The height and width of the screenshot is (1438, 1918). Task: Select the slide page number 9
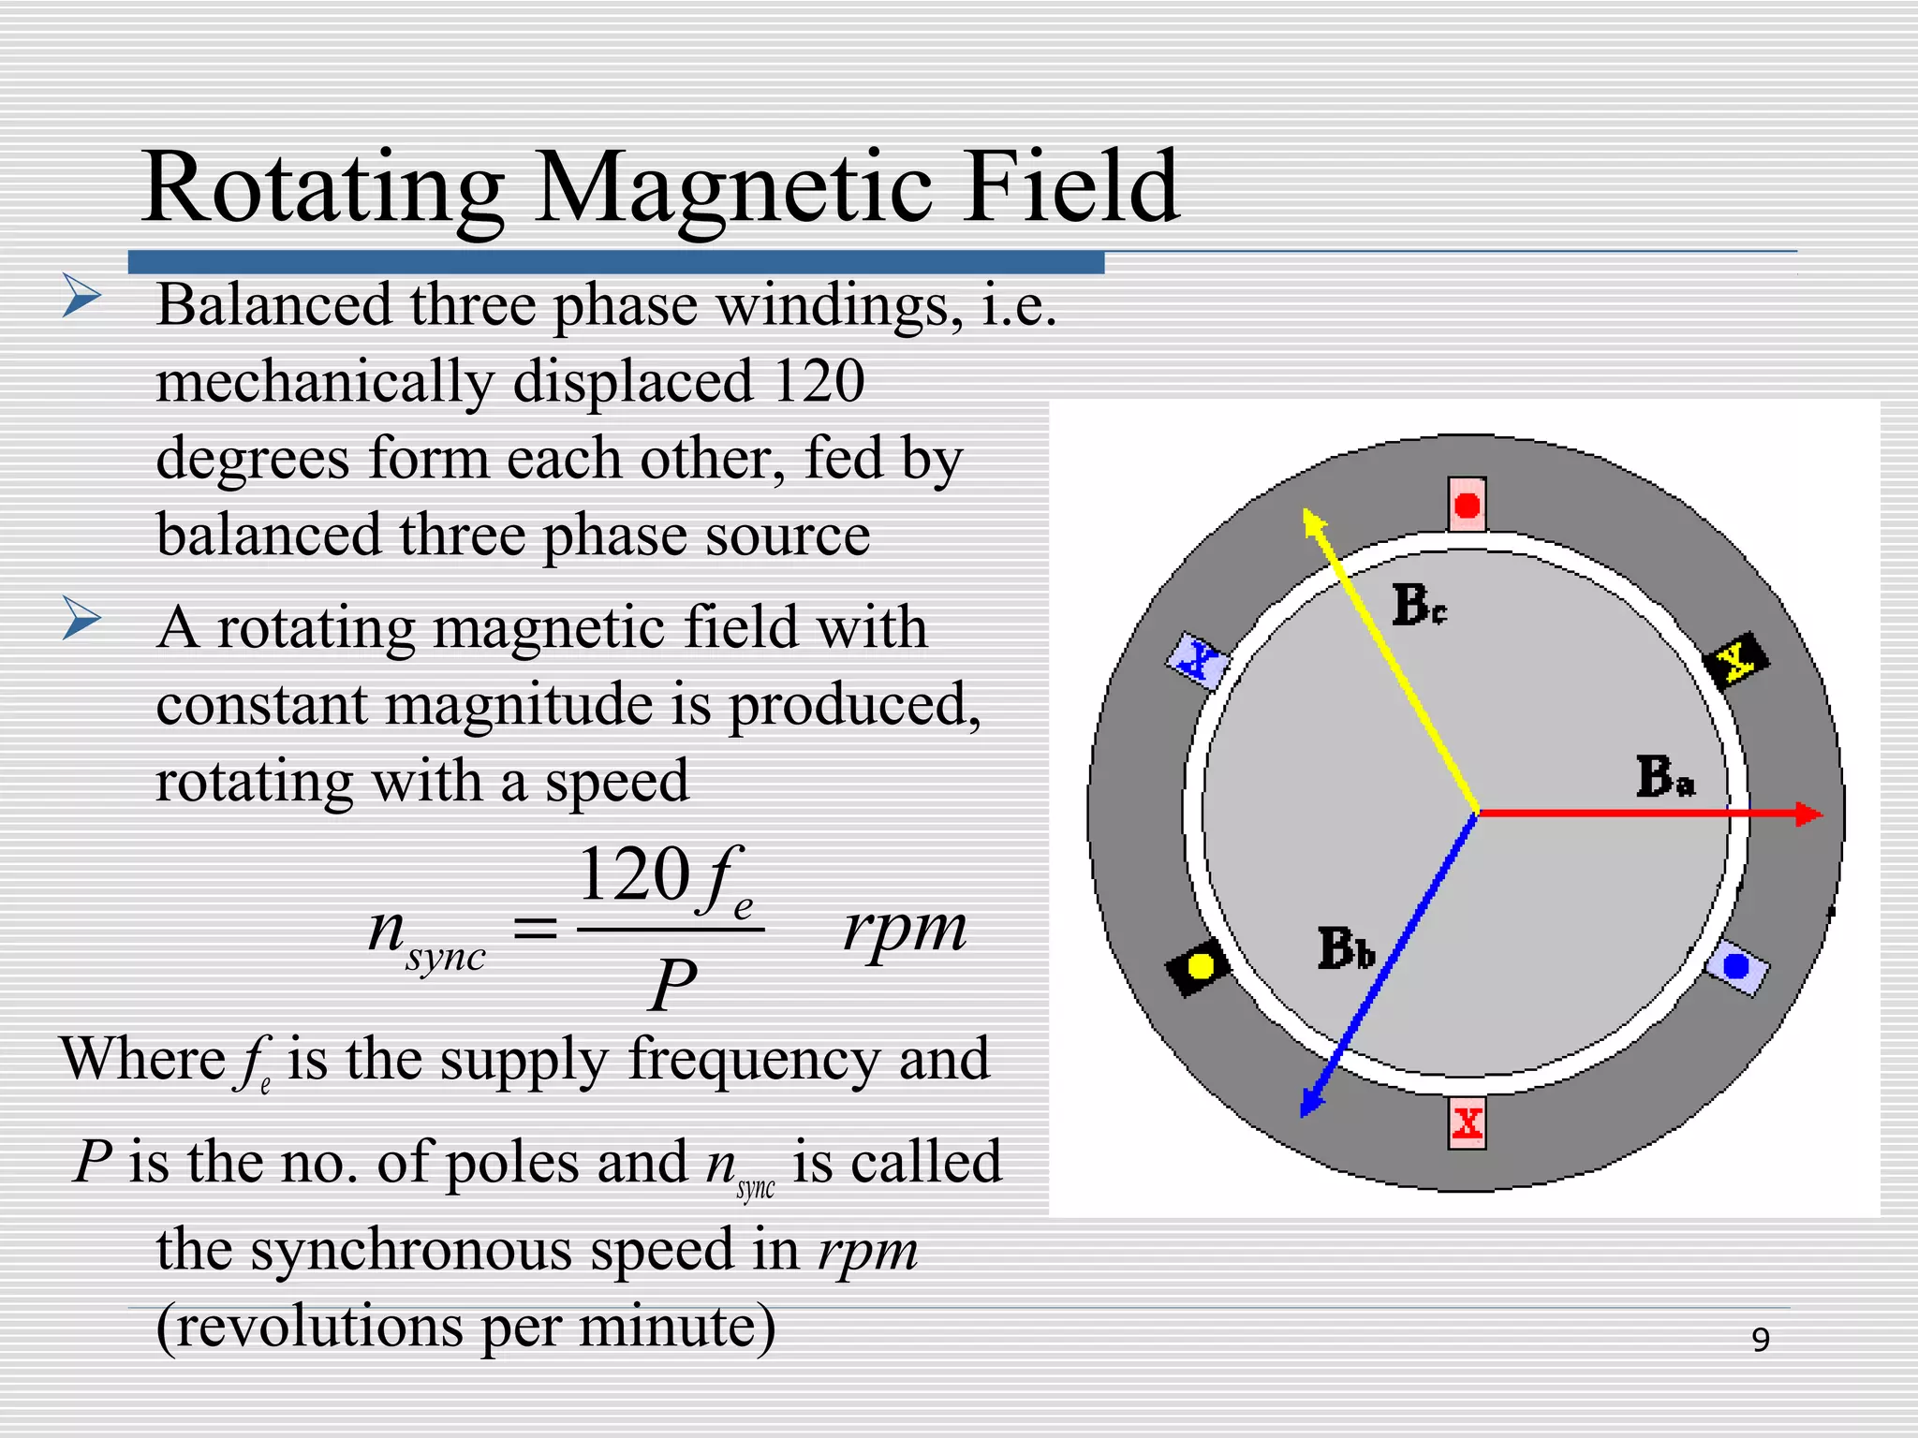[x=1761, y=1340]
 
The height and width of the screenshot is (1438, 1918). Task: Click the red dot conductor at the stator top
[x=1467, y=506]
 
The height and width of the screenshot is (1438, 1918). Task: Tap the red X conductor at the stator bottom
[x=1467, y=1123]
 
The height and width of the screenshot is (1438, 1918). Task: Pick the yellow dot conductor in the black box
[x=1199, y=965]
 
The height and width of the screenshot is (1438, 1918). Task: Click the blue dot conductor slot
[x=1736, y=966]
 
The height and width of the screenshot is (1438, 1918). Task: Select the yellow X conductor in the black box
[x=1736, y=661]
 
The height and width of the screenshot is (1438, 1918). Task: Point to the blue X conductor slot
[x=1198, y=661]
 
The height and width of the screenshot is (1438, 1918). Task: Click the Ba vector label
[x=1665, y=777]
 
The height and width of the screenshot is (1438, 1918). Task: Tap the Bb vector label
[x=1346, y=948]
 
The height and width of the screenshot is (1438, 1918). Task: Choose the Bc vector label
[x=1418, y=604]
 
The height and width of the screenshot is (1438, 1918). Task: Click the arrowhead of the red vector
[x=1809, y=814]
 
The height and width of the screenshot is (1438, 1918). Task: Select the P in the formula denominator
[x=673, y=984]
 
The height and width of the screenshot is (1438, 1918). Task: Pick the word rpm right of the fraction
[x=905, y=930]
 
